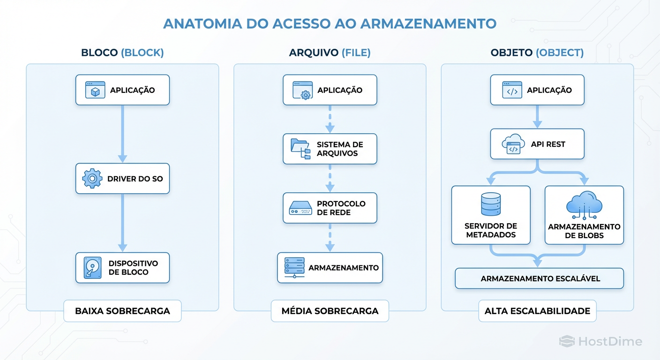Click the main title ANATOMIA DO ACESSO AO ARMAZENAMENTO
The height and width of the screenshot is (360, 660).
click(x=330, y=23)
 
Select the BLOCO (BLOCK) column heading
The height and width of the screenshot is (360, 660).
click(x=122, y=52)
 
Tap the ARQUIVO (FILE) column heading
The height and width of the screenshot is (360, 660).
click(x=330, y=52)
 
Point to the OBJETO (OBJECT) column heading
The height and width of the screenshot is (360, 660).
click(x=537, y=52)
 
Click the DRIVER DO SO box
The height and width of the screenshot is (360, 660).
click(x=122, y=179)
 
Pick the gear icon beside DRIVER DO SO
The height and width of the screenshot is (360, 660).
click(x=92, y=179)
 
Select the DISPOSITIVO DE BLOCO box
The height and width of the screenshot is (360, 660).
click(x=122, y=268)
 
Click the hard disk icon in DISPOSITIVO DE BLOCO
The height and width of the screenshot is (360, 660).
click(x=92, y=268)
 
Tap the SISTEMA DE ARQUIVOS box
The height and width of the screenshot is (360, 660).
click(x=330, y=149)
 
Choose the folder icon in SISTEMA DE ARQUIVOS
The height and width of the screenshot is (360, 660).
click(x=300, y=149)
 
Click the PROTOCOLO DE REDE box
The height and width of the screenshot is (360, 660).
click(x=330, y=208)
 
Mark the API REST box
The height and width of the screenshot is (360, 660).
click(x=537, y=144)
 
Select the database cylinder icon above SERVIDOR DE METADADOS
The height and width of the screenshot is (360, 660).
click(x=491, y=204)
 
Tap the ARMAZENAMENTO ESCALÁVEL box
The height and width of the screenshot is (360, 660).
click(x=540, y=278)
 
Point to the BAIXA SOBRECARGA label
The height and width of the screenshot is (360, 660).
click(x=122, y=311)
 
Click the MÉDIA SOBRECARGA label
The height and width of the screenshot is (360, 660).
click(x=330, y=311)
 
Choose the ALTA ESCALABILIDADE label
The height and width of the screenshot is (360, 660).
click(x=537, y=311)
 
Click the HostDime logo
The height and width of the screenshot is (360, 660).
click(x=600, y=342)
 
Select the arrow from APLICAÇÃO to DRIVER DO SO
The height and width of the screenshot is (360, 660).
click(x=122, y=134)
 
